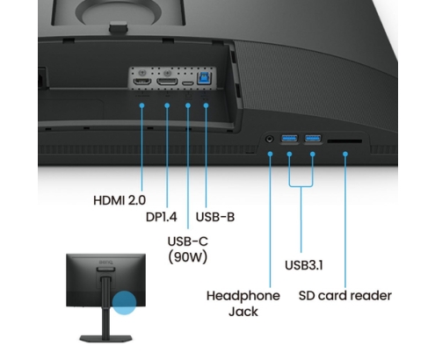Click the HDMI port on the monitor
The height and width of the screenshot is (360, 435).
(142, 82)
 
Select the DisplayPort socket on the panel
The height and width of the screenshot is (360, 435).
(167, 82)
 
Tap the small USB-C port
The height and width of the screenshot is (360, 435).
(188, 83)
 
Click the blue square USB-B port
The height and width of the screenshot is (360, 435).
(203, 78)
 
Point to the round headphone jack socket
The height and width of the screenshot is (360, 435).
(270, 139)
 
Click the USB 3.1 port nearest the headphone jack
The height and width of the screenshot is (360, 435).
(289, 138)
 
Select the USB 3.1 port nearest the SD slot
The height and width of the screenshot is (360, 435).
(313, 138)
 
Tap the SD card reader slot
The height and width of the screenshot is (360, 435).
(344, 141)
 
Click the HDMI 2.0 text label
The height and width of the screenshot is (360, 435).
(120, 200)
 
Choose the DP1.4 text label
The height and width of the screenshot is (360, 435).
(162, 217)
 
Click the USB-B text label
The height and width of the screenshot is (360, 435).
(215, 217)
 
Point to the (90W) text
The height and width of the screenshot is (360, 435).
(188, 256)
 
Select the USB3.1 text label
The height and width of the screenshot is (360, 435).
(304, 265)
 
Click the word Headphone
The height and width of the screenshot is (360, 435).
(243, 296)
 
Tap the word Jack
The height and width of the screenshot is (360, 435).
(243, 312)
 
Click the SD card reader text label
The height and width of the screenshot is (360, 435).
(345, 296)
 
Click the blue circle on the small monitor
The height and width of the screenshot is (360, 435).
(124, 303)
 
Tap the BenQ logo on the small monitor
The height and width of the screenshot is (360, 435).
(105, 262)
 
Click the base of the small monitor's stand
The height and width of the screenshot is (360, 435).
(105, 339)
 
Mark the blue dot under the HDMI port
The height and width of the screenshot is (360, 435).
(141, 105)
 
